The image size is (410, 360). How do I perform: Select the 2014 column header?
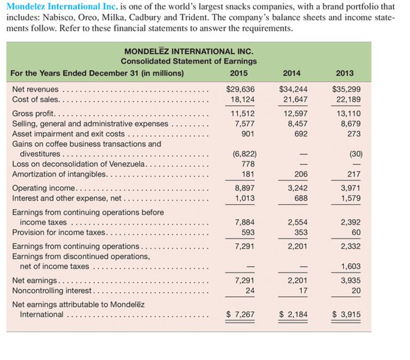coord(292,73)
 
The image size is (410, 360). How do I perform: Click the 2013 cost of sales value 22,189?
coord(347,99)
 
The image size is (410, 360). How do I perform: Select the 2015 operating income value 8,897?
coord(244,188)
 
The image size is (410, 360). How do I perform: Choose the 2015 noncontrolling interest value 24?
coord(250,291)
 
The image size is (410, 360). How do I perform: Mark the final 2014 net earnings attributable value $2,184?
coord(293,314)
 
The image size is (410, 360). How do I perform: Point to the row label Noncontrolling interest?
coord(52,291)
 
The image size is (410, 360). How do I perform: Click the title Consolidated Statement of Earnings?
coord(188,61)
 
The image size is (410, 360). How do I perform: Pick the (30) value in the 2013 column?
coord(356,154)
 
